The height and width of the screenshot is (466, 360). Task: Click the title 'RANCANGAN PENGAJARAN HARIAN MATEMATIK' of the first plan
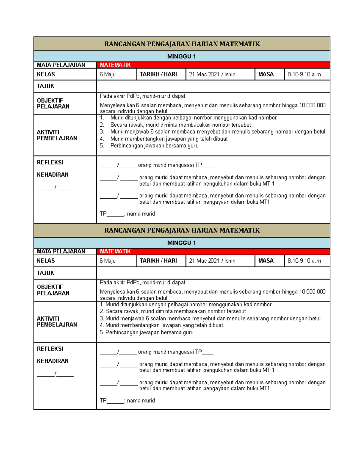pos(182,44)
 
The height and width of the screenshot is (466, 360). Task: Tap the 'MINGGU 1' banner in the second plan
pos(181,243)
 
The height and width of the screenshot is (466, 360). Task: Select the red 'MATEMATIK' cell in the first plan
pos(115,65)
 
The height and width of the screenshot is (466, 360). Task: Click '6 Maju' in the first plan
pos(107,74)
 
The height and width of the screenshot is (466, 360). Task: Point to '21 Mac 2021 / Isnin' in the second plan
pos(212,261)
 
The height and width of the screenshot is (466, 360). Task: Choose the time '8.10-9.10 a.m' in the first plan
pos(304,74)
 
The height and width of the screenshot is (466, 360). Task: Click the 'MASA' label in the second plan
pos(266,261)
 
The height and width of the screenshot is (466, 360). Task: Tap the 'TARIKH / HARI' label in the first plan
pos(158,74)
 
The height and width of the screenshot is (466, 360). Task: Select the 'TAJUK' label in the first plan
pos(45,86)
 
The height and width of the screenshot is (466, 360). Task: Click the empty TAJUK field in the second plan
pos(213,273)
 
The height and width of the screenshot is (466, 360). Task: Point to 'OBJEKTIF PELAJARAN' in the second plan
pos(53,290)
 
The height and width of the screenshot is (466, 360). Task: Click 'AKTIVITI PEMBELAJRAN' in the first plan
pos(57,135)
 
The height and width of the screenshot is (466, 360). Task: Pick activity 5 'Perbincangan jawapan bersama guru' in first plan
pos(154,146)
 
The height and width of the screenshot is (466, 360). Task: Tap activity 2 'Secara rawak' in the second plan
pos(175,311)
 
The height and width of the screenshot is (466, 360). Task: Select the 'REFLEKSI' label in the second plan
pos(50,349)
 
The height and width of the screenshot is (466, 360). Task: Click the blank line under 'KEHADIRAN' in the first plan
pos(55,188)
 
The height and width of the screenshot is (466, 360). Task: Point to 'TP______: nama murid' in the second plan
pos(127,401)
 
